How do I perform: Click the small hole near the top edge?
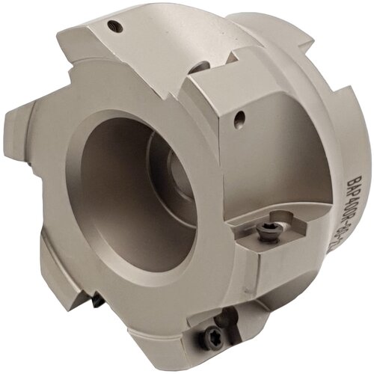(114, 27)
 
